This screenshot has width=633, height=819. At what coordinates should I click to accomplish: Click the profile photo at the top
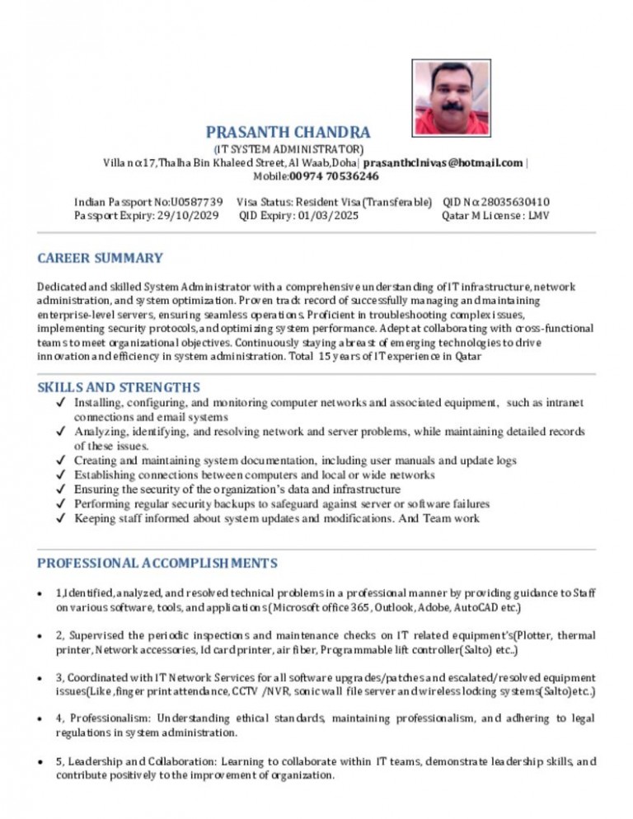[x=451, y=98]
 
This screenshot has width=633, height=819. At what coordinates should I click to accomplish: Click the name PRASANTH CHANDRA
[x=288, y=132]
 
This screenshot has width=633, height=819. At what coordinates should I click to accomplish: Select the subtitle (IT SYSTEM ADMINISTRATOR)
[x=288, y=149]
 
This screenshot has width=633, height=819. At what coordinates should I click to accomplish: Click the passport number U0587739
[x=196, y=202]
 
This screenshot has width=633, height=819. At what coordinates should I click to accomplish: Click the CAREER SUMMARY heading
[x=100, y=258]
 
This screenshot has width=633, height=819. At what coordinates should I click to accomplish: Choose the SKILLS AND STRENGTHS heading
[x=119, y=386]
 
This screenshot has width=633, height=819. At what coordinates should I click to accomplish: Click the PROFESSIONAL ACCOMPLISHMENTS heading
[x=157, y=563]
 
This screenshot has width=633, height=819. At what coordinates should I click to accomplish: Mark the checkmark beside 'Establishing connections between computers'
[x=62, y=475]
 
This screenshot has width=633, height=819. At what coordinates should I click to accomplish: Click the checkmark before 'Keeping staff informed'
[x=62, y=519]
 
